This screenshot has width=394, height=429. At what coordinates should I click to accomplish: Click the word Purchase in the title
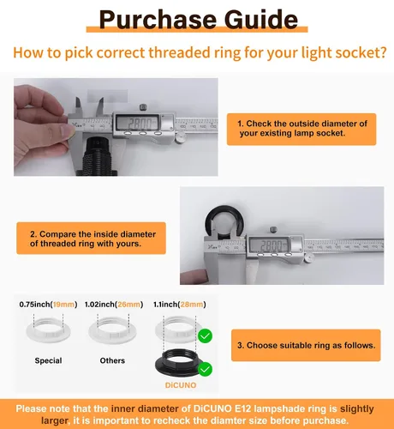coord(158,20)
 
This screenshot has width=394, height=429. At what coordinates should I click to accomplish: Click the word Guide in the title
coord(261,20)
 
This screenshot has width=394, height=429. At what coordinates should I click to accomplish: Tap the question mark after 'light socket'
coord(383,52)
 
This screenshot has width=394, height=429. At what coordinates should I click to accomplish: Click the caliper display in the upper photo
coord(138,124)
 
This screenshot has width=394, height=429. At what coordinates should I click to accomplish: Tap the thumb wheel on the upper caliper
coord(181,137)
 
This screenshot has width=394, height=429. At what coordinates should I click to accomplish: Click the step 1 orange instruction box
coord(301,130)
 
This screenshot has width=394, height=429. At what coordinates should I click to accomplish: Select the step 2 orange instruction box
coord(91,239)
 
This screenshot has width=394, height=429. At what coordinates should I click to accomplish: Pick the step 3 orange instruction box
coord(306,345)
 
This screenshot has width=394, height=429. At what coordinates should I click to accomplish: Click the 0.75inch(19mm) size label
coord(48,305)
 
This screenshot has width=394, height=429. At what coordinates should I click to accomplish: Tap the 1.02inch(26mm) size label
coord(114,305)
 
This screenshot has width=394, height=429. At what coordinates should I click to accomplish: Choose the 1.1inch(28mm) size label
coord(180,305)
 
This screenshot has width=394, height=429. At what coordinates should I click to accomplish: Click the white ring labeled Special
coord(48,330)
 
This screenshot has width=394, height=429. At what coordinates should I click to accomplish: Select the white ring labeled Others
coord(112,330)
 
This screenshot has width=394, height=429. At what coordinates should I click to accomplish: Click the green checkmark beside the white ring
coord(205,336)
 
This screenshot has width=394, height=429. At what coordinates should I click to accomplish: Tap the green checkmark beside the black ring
coord(205,369)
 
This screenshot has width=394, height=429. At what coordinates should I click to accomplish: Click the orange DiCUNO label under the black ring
coord(181,385)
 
